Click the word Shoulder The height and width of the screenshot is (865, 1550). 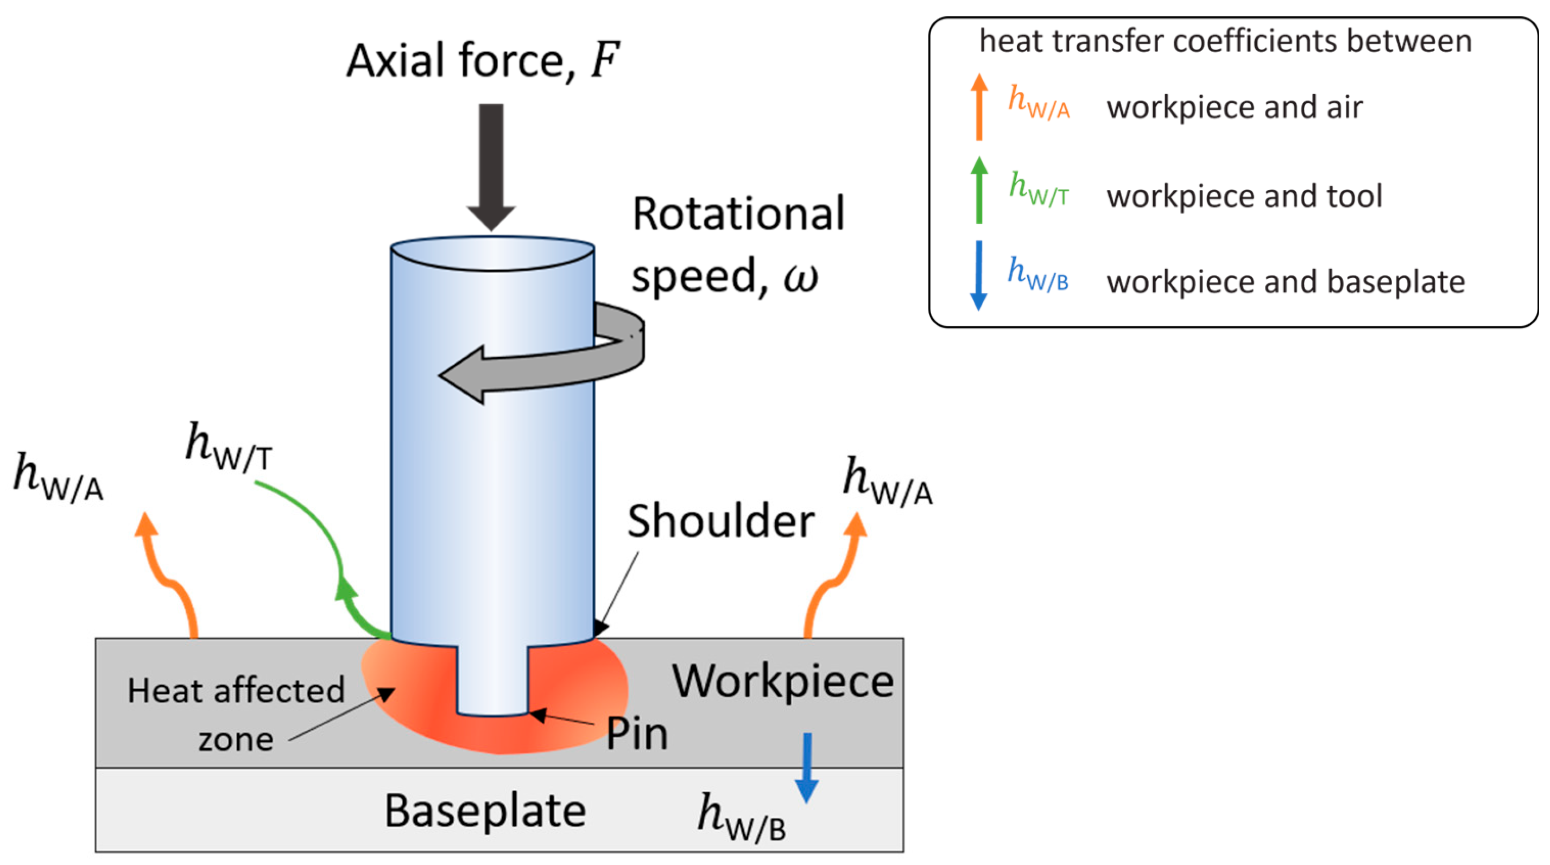(720, 521)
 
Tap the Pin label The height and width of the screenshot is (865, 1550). (637, 734)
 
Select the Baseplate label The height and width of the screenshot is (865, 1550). (485, 811)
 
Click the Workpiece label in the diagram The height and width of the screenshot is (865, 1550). (783, 683)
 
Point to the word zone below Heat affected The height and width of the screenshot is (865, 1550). (236, 740)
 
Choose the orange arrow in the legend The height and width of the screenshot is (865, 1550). (979, 106)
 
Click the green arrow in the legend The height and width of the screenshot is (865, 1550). (979, 190)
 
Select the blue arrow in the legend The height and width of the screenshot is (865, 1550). (979, 276)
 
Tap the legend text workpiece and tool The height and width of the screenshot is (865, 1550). (1244, 196)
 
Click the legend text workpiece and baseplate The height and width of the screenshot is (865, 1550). (1286, 282)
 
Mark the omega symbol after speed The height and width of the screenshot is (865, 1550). (801, 279)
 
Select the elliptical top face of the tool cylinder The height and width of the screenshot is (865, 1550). (492, 253)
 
